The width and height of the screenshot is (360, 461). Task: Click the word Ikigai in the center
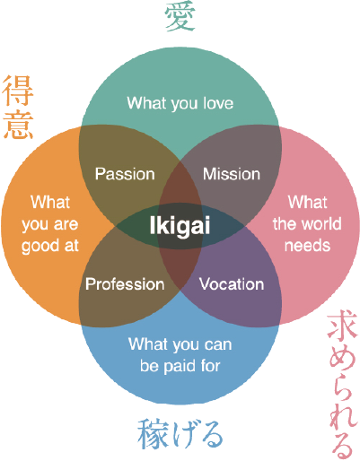[180, 226]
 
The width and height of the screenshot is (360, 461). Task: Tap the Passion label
[125, 174]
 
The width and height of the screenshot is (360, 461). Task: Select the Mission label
[232, 174]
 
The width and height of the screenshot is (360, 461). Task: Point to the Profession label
[125, 284]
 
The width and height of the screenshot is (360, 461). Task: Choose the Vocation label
[232, 284]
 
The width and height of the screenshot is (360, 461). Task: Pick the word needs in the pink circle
[307, 246]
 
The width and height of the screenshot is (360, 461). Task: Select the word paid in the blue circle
[180, 367]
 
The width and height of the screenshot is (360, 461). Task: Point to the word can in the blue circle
[218, 345]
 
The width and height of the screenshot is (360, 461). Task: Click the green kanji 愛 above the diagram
[180, 16]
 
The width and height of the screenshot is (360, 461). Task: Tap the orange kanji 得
[18, 91]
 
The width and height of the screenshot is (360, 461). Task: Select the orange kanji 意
[18, 125]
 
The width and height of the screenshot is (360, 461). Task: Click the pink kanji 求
[342, 328]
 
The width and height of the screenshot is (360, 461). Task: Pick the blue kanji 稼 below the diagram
[152, 434]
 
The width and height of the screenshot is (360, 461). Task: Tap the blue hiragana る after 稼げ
[212, 435]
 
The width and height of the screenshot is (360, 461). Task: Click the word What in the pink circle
[307, 202]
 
